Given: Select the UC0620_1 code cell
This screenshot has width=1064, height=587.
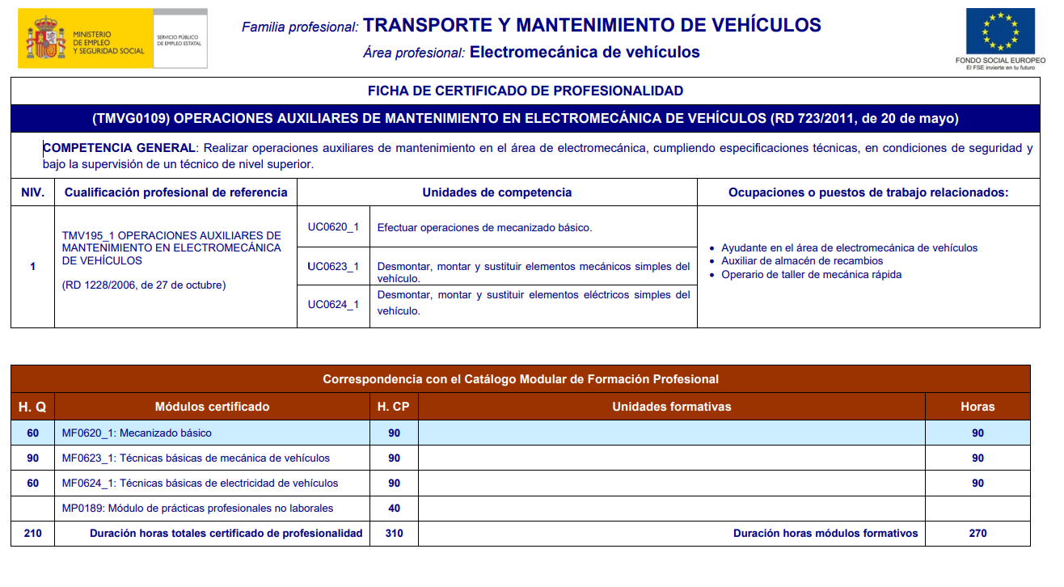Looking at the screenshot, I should pos(333,227).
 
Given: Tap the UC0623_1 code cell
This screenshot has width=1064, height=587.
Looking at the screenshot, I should pos(333,267).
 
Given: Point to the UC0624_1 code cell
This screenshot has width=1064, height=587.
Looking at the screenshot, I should pos(333,305).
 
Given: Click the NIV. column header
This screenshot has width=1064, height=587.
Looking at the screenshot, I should pos(32,192).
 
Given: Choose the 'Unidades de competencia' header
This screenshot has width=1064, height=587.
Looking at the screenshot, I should pos(496,192).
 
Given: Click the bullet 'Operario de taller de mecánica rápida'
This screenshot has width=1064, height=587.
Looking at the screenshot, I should pos(811,274).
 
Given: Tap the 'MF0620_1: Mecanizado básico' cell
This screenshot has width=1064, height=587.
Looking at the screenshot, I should pos(137,433).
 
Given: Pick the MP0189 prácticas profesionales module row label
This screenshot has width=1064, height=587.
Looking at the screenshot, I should pos(197,509).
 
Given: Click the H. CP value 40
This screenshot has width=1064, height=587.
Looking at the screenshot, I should pos(394,509).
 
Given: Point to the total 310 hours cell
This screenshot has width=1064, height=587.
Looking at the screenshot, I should pos(394,534).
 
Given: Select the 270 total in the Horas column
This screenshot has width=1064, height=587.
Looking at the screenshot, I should pos(977,534).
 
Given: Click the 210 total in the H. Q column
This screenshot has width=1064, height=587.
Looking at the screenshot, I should pos(32,534).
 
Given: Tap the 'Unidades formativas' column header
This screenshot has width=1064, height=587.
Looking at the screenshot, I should pos(671,407).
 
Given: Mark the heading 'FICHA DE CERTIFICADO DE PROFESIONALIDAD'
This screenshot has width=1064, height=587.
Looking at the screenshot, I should pos(525,91).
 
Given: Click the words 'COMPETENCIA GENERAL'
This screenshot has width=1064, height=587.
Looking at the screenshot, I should pos(119,148).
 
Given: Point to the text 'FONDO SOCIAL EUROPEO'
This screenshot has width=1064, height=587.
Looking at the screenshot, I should pos(1000,61).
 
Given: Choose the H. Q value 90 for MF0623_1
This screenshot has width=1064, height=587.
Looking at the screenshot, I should pos(32,458).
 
